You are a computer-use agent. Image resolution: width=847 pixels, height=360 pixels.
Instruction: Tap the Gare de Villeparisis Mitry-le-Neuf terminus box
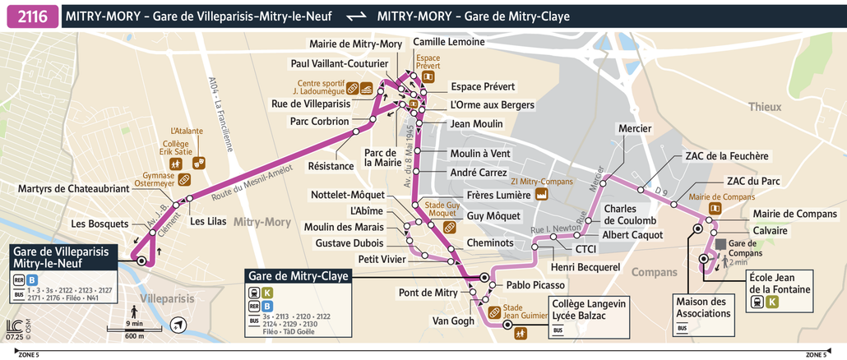(60, 256)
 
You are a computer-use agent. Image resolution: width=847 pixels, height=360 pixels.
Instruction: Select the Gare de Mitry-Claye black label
(299, 276)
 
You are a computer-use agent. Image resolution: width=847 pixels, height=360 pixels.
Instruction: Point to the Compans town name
(655, 271)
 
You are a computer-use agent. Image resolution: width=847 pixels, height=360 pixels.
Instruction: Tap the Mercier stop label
(634, 128)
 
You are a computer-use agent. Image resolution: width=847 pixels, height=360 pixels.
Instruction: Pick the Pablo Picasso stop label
(535, 285)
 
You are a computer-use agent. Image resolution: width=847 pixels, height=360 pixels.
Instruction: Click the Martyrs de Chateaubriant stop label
(74, 189)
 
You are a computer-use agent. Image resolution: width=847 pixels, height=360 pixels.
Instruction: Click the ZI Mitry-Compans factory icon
(542, 194)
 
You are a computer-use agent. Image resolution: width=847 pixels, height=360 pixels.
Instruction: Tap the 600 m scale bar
(133, 330)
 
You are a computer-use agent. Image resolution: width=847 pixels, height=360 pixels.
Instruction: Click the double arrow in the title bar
(356, 16)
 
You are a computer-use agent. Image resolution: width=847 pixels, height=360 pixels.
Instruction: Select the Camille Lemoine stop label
(448, 42)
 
